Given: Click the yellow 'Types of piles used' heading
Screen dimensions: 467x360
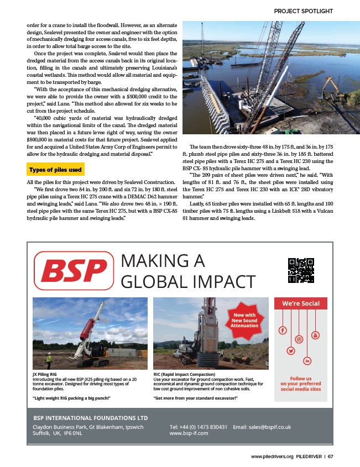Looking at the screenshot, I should [55, 169].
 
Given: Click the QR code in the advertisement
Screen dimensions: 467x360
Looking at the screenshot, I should [301, 270].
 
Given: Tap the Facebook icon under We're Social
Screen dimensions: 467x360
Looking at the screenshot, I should [283, 330].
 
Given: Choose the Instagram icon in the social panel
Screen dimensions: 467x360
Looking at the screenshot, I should [299, 339].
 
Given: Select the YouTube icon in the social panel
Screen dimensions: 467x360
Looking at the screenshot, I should [316, 335].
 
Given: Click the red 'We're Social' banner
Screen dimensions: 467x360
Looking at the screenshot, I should [301, 303].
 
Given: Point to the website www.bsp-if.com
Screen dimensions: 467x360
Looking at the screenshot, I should [189, 433].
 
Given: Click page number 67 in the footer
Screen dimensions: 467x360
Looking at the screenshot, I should [330, 456].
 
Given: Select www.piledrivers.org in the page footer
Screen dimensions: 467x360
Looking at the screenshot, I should [272, 456].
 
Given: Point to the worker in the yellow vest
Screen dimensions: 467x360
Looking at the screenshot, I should [48, 359].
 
